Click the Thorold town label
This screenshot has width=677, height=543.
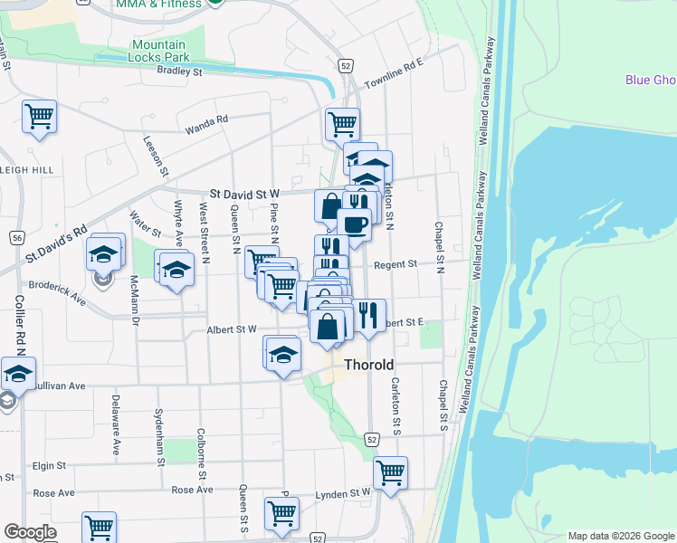click(370, 366)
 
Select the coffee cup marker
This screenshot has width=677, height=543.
click(354, 224)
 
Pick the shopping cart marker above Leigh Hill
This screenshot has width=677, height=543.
click(39, 117)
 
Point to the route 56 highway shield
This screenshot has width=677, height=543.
click(17, 237)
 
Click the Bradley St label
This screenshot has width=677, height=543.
click(179, 71)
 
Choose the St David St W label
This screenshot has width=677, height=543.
click(246, 194)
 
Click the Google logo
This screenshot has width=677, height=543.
click(29, 532)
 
